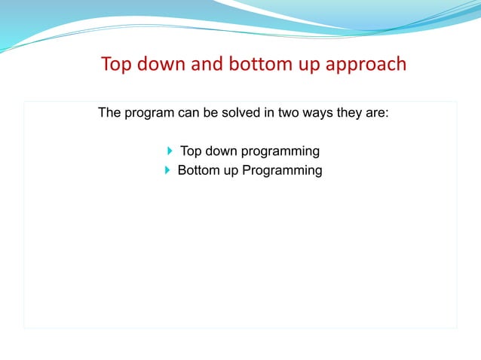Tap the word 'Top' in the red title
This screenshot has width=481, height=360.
click(x=115, y=64)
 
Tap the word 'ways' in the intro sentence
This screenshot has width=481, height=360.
click(x=313, y=115)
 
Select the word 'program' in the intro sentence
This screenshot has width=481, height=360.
click(x=150, y=115)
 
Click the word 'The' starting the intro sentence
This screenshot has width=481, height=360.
click(x=110, y=115)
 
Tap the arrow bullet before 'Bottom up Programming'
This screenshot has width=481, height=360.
click(x=167, y=170)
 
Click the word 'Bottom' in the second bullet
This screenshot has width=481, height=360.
click(x=198, y=170)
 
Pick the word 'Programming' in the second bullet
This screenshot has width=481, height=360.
click(x=282, y=171)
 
